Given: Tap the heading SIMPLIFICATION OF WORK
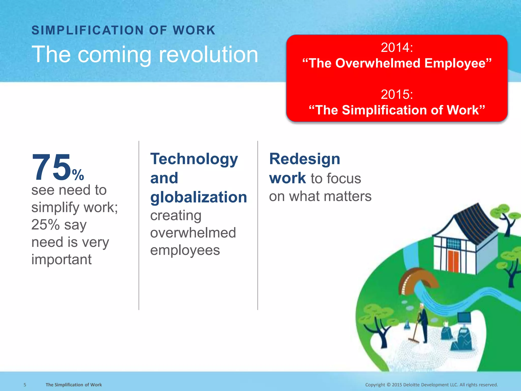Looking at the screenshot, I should pos(123,30).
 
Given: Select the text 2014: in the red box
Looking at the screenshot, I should pos(397,47).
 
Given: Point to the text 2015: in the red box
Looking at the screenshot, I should pos(397,94).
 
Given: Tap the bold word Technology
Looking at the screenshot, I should pos(194,159).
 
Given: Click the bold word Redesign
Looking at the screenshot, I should pos(305,159).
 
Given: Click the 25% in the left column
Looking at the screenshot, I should pos(46,225).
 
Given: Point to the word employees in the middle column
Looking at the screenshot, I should pos(185,250).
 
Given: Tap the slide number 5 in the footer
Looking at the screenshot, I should pos(25,385).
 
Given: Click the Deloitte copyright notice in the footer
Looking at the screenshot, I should pos(431,385).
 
